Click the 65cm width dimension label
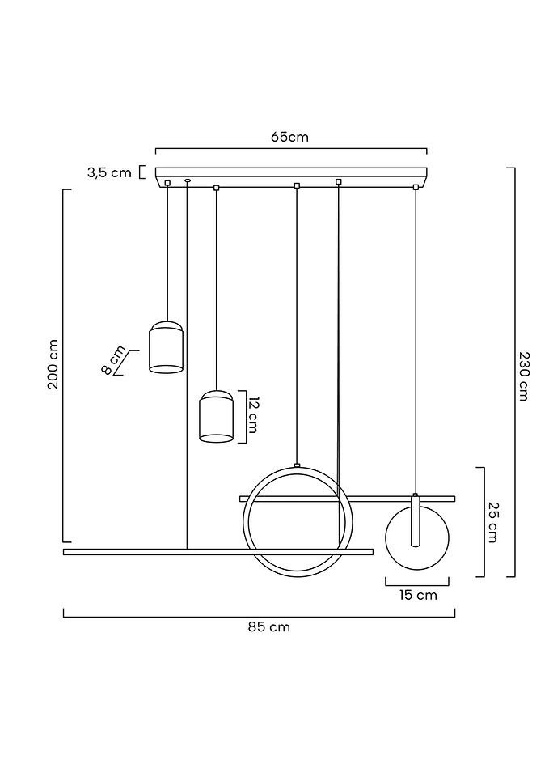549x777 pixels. (x=289, y=137)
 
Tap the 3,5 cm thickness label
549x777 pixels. (x=109, y=173)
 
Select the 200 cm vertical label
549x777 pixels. (x=53, y=364)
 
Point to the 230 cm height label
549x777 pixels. (x=524, y=376)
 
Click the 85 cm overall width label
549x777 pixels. (x=269, y=627)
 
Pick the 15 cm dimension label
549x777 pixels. (x=418, y=595)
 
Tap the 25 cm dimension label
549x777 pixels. (x=493, y=522)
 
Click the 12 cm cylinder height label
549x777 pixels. (x=253, y=415)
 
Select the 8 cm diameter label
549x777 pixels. (x=113, y=360)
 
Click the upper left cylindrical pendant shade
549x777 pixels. (x=167, y=347)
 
